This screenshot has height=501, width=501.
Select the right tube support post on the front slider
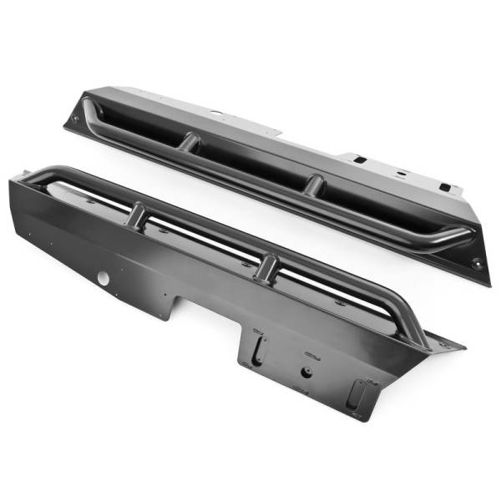[267, 266]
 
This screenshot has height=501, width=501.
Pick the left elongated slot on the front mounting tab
[258, 342]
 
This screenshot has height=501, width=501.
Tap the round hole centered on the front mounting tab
[306, 372]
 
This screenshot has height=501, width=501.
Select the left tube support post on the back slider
[190, 141]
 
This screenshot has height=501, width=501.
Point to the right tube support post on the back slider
[313, 184]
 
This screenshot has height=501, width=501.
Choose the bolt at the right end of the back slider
[477, 263]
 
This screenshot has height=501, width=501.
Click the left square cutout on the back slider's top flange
[357, 159]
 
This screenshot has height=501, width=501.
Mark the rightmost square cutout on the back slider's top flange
[445, 188]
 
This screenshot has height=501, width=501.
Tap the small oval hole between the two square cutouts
[401, 174]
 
